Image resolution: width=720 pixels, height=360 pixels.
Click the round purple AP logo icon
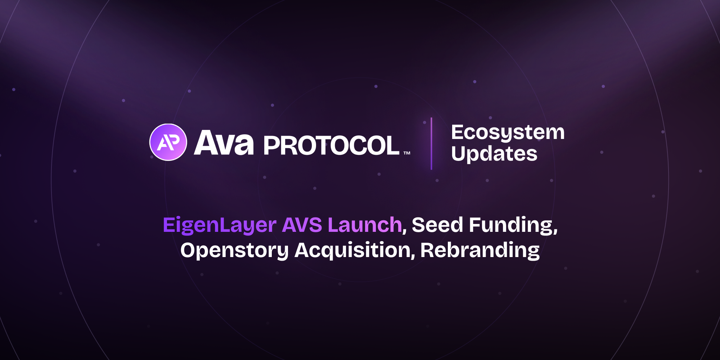[x=168, y=142]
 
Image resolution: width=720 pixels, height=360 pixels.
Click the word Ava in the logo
[x=224, y=143]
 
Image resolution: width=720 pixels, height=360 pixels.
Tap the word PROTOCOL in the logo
[x=332, y=146]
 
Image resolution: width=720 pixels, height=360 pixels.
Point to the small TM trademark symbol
[x=407, y=153]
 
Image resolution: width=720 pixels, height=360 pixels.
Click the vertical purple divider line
[x=431, y=143]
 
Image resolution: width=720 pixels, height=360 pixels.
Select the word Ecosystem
[x=508, y=132]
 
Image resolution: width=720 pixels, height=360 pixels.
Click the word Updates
[x=494, y=154]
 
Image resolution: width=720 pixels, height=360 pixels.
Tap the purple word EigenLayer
[x=219, y=225]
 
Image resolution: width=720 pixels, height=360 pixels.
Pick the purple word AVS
[x=302, y=225]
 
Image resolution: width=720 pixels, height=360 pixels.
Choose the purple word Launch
[x=365, y=225]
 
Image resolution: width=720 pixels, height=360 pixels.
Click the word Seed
[x=437, y=225]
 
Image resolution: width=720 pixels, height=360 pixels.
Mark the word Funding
[x=512, y=226]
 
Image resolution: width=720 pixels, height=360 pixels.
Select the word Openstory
[x=234, y=251]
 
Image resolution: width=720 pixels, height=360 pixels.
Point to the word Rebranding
[x=480, y=251]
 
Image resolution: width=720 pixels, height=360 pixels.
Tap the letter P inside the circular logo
[x=172, y=141]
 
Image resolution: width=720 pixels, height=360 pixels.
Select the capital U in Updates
[x=458, y=153]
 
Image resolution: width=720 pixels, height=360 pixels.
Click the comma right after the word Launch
[x=404, y=231]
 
